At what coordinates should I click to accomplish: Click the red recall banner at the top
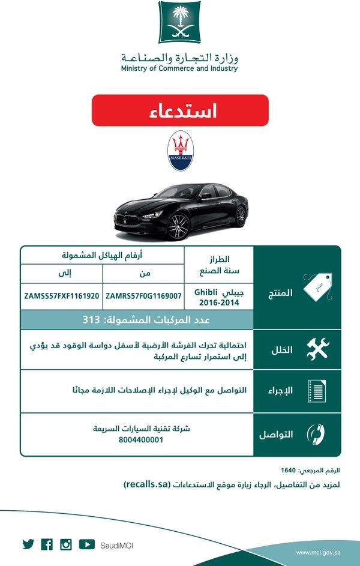[180, 110]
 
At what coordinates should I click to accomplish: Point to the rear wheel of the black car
[241, 215]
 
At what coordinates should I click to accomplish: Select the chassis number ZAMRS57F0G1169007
[143, 296]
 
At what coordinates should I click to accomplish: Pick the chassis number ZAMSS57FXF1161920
[62, 296]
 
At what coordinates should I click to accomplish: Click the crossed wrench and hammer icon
[317, 349]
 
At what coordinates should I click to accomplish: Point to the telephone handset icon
[316, 434]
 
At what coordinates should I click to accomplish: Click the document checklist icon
[316, 391]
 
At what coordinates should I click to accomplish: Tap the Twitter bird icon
[28, 544]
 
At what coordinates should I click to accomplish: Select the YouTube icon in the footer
[86, 544]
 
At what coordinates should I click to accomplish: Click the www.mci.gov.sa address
[318, 551]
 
